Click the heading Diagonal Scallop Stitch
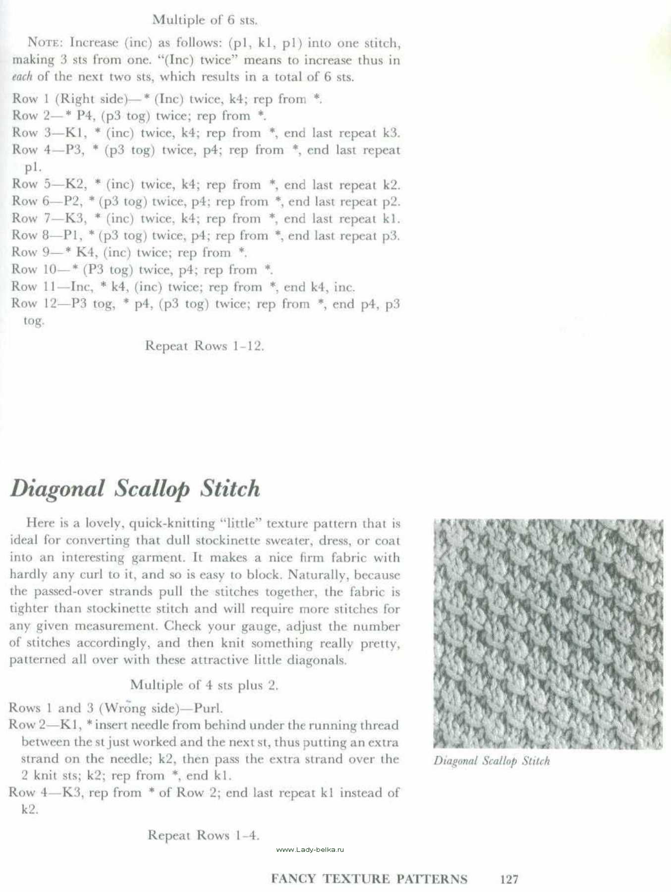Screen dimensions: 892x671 [135, 489]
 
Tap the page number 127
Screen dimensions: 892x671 [509, 879]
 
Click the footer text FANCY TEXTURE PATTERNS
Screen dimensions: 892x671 [369, 879]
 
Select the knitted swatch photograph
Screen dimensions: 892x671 [548, 633]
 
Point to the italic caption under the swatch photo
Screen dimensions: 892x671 [492, 761]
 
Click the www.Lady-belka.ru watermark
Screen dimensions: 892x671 [310, 849]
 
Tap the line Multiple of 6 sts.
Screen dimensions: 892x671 [205, 20]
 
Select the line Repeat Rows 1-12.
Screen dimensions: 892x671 [204, 346]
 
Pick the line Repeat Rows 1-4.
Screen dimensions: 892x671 [203, 835]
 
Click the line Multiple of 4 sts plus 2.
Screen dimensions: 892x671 [204, 685]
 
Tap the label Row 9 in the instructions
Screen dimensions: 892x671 [31, 252]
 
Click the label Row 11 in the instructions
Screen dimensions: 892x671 [34, 286]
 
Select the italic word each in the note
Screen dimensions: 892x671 [22, 77]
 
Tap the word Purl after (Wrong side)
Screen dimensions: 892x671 [208, 708]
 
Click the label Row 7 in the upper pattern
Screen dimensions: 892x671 [31, 219]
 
